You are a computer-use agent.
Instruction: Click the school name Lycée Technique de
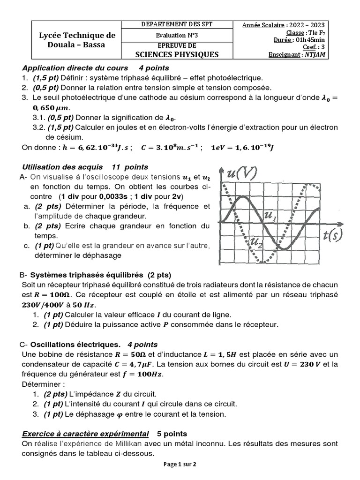click(77, 36)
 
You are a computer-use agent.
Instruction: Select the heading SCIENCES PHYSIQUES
click(177, 54)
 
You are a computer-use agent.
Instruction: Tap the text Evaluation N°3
click(177, 35)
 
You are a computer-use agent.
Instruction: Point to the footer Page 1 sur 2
click(180, 465)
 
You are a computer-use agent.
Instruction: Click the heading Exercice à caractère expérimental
click(85, 433)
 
